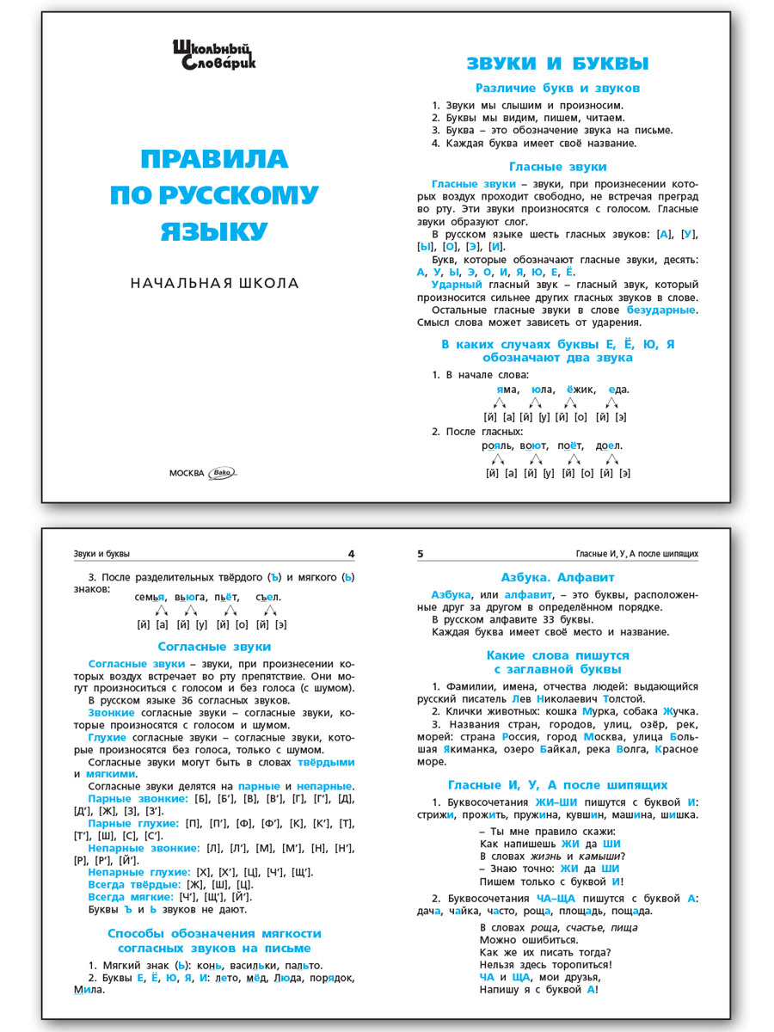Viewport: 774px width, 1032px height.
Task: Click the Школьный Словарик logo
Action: pyautogui.click(x=214, y=54)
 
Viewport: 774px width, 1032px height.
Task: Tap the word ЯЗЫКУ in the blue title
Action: pyautogui.click(x=214, y=231)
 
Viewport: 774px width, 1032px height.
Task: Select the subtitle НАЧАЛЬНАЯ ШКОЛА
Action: pyautogui.click(x=214, y=283)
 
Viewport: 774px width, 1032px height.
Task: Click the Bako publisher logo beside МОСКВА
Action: pyautogui.click(x=223, y=471)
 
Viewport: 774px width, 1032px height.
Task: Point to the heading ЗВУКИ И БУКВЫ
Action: pyautogui.click(x=557, y=64)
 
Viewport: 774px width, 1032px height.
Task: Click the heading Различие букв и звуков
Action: pyautogui.click(x=557, y=88)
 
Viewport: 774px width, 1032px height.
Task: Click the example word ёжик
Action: pyautogui.click(x=581, y=389)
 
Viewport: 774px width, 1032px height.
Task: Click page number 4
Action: pyautogui.click(x=350, y=554)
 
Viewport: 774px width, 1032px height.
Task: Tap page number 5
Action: pyautogui.click(x=421, y=554)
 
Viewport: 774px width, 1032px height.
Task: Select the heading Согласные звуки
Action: pyautogui.click(x=214, y=646)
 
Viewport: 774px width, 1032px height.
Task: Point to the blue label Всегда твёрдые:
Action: pyautogui.click(x=134, y=884)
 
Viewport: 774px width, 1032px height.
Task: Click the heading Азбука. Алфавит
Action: pyautogui.click(x=557, y=577)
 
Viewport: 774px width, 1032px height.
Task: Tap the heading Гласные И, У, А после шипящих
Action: pyautogui.click(x=557, y=784)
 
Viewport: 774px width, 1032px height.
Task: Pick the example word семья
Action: pyautogui.click(x=150, y=597)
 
